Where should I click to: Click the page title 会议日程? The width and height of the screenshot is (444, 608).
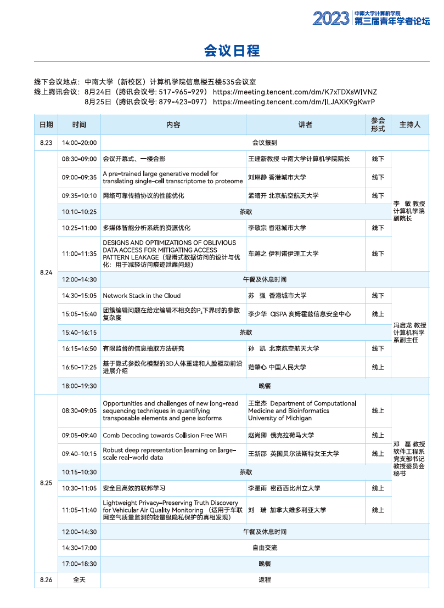232,51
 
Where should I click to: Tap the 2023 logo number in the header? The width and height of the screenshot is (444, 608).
331,18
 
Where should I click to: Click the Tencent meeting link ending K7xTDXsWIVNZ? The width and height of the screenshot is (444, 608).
295,92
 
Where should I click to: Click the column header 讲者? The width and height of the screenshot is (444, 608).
305,125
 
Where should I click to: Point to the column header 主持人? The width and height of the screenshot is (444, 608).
409,125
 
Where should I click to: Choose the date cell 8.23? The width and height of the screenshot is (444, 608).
46,143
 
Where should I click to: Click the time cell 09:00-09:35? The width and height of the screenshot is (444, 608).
79,177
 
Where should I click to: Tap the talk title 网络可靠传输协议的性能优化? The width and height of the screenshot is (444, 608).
144,196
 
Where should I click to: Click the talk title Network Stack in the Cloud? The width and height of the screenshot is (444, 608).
142,296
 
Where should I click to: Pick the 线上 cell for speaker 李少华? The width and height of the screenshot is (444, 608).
378,314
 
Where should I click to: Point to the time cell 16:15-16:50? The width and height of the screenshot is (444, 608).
79,348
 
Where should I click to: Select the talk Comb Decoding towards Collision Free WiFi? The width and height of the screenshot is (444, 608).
165,435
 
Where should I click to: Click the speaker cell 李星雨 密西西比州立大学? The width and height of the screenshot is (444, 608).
284,488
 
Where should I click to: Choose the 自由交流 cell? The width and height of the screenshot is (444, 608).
265,548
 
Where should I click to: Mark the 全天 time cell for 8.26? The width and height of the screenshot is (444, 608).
79,579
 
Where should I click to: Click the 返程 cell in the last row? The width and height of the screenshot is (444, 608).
265,579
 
